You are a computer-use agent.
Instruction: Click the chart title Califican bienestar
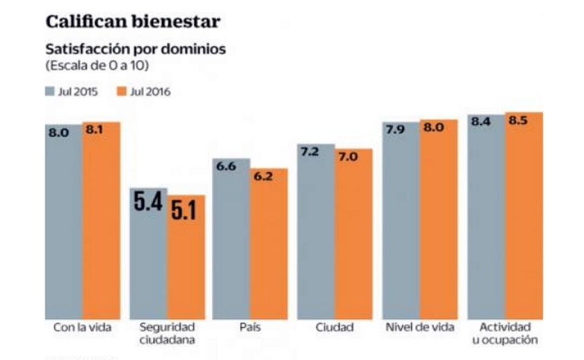133,21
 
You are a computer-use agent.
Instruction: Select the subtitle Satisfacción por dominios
136,49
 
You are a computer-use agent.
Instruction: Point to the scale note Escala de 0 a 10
97,66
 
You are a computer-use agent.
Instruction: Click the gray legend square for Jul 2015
50,91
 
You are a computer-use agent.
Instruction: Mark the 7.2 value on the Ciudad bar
310,152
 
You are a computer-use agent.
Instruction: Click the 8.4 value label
480,122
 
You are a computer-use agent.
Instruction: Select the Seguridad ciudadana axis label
167,334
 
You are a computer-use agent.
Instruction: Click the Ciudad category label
335,328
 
